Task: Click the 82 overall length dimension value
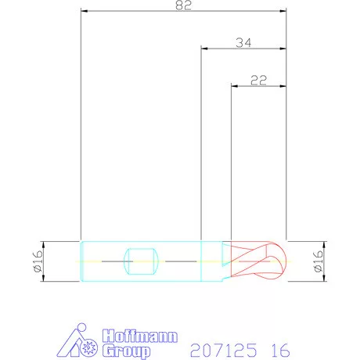[183, 5]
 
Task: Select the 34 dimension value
[243, 43]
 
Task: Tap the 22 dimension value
[258, 81]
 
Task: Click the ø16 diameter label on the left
[38, 261]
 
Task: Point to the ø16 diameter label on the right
[319, 261]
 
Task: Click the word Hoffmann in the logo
[140, 336]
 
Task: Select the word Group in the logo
[126, 351]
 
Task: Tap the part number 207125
[224, 351]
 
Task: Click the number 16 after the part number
[280, 351]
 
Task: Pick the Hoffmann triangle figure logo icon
[77, 340]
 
